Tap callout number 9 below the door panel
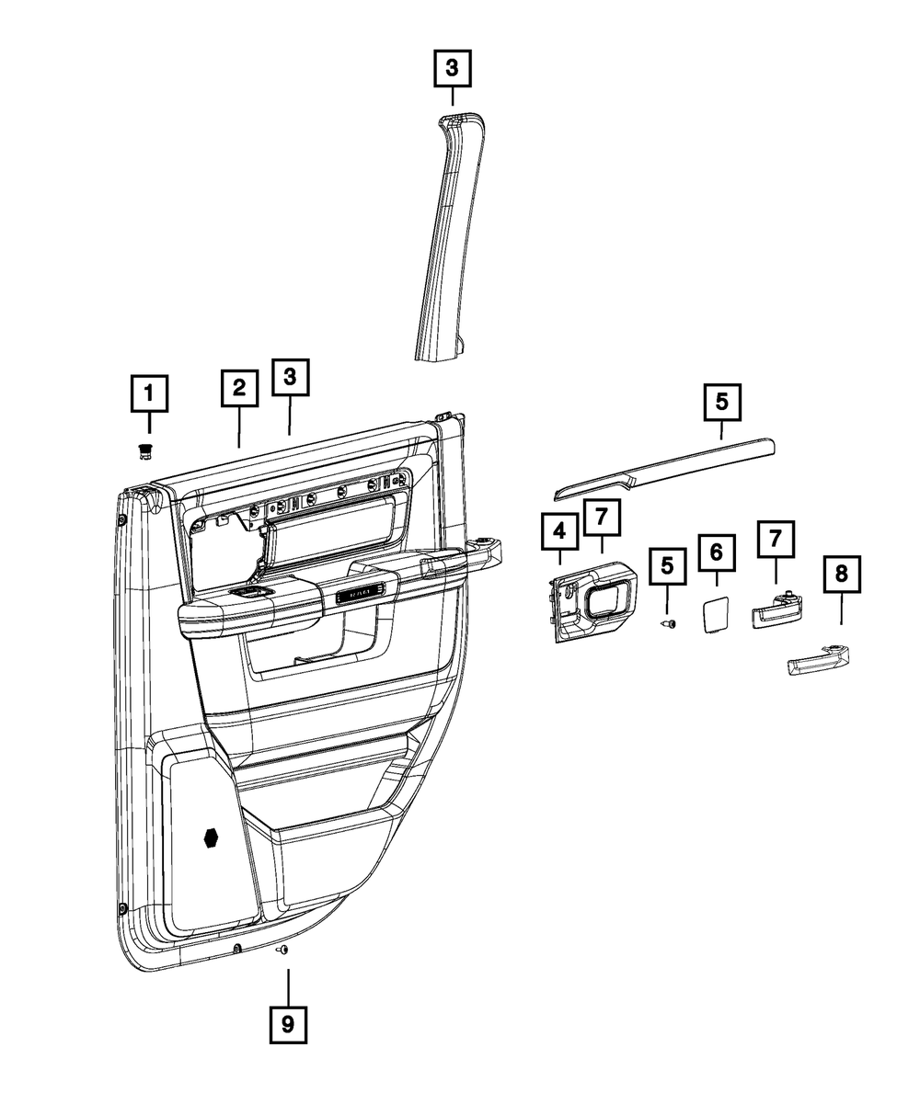click(x=288, y=1023)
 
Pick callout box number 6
click(x=718, y=552)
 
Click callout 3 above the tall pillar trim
click(x=452, y=68)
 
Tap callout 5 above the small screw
click(x=669, y=566)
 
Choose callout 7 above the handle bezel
click(x=602, y=518)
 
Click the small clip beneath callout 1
click(x=144, y=450)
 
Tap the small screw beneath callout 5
click(x=669, y=623)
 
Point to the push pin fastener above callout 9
click(x=283, y=950)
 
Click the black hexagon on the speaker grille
click(x=211, y=837)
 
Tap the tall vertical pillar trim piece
click(x=443, y=239)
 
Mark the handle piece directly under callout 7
click(x=776, y=609)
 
